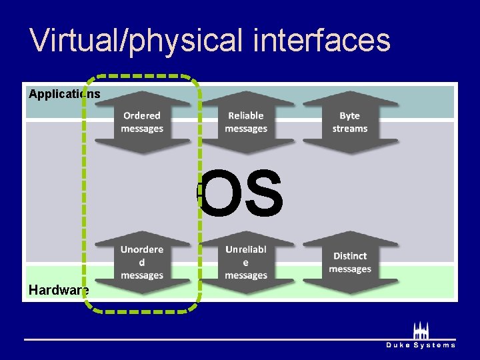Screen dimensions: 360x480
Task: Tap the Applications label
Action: pyautogui.click(x=65, y=94)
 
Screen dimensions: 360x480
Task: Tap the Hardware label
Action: pyautogui.click(x=59, y=290)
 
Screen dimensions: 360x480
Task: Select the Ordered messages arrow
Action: pyautogui.click(x=142, y=122)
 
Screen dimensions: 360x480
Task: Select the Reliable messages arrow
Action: pyautogui.click(x=246, y=122)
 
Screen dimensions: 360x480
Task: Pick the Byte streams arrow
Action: pyautogui.click(x=350, y=122)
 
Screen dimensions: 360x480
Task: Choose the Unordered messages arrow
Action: pyautogui.click(x=142, y=262)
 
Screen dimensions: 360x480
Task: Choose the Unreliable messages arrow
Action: pyautogui.click(x=246, y=262)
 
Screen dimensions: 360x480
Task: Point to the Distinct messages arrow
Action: pyautogui.click(x=350, y=262)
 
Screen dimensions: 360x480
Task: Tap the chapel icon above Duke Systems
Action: pyautogui.click(x=421, y=331)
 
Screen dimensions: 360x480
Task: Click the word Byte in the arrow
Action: pyautogui.click(x=350, y=116)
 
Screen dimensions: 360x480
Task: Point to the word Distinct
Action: pyautogui.click(x=350, y=256)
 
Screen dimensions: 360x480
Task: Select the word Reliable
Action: pyautogui.click(x=246, y=116)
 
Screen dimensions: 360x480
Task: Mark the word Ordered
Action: pyautogui.click(x=142, y=116)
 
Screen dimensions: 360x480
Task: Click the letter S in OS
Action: pyautogui.click(x=263, y=194)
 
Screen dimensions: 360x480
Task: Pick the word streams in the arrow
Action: pyautogui.click(x=350, y=129)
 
